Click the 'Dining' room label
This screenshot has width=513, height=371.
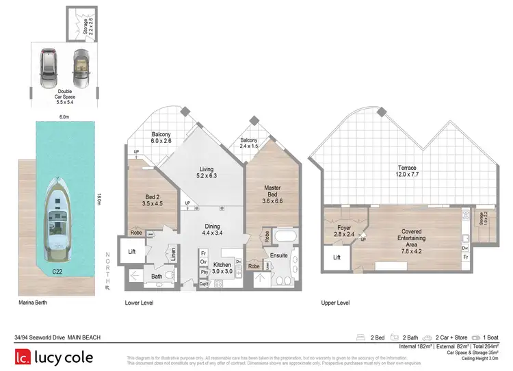211,230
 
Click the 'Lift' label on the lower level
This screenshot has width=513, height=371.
133,253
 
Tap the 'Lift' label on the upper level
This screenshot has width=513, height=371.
337,257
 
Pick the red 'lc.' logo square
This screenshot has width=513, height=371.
25,357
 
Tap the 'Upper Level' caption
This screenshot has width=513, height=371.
335,302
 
